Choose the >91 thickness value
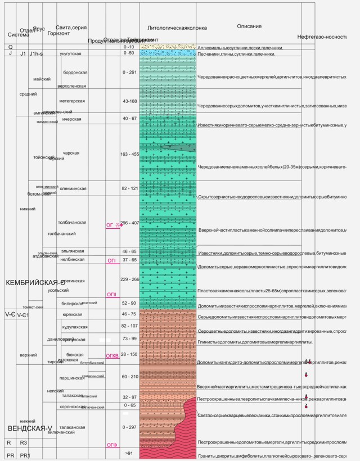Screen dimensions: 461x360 (129, 453)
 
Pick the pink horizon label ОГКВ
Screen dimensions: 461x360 (112, 355)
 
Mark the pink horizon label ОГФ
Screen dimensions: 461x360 (111, 445)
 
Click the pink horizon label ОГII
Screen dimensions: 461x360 (111, 294)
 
